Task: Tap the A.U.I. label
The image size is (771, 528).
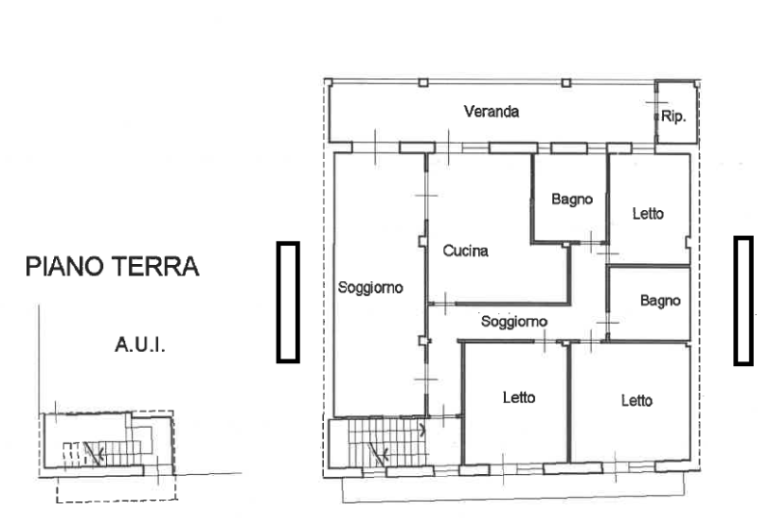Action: point(140,343)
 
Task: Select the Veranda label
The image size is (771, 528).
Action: point(492,112)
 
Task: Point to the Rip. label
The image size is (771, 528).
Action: point(673,117)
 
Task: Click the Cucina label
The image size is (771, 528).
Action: point(465,251)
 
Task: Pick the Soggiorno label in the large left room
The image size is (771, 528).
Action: point(369,287)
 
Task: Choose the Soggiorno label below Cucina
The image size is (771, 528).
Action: point(515,321)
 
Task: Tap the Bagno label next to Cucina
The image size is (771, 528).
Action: point(572,199)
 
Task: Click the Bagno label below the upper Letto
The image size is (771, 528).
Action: point(660,301)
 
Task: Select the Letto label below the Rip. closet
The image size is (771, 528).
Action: point(648,213)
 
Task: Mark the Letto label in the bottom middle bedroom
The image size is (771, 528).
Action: point(518,396)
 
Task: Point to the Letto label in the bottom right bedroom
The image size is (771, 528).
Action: point(636,401)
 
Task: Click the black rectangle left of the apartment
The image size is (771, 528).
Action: point(287,302)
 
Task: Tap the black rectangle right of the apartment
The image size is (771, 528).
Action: point(743,301)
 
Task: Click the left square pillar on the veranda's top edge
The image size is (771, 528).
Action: point(423,83)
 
